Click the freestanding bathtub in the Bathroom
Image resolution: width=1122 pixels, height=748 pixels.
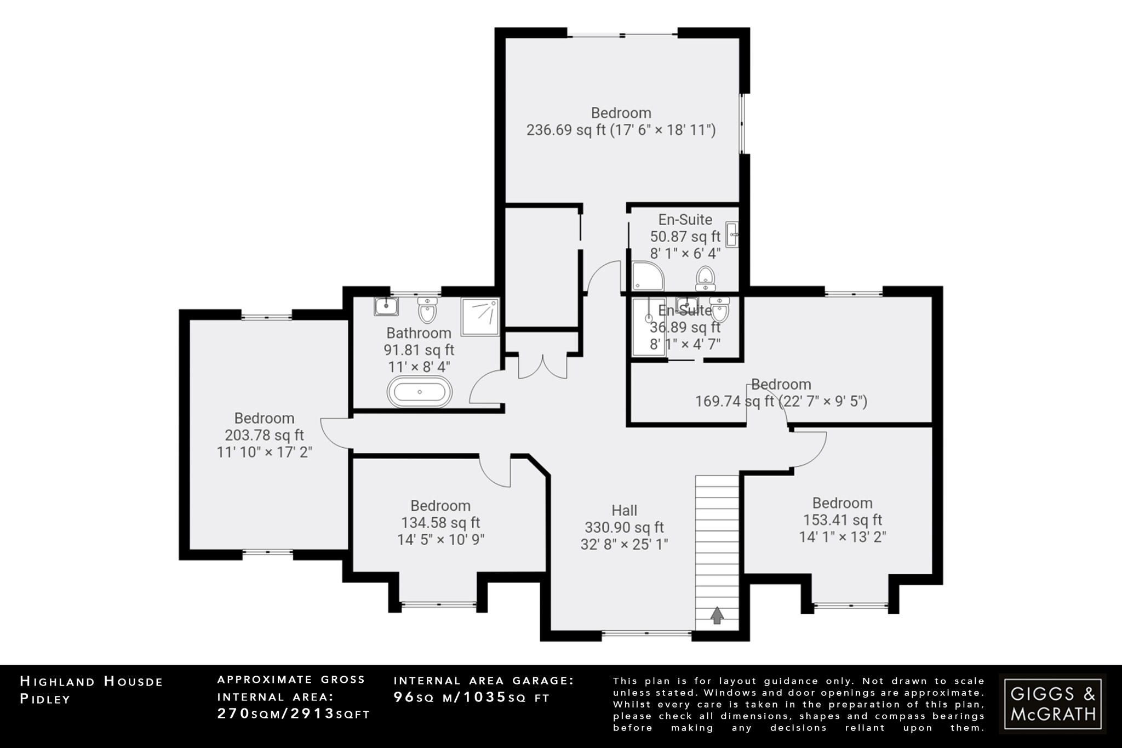[x=420, y=392]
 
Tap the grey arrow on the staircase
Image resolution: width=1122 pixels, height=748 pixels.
[x=717, y=615]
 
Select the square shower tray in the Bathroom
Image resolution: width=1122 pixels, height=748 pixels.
[x=480, y=317]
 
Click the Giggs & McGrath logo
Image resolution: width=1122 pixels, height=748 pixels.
[x=1052, y=704]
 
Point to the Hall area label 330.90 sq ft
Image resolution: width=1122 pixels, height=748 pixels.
[x=624, y=528]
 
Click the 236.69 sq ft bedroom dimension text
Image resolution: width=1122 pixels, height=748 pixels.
[x=621, y=130]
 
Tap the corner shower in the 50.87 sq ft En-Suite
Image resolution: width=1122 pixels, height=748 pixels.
[x=647, y=276]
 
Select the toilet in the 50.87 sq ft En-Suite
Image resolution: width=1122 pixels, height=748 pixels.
[x=705, y=278]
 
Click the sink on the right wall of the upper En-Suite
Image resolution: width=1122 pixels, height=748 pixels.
[x=732, y=235]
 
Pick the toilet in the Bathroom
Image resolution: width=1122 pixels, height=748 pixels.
[x=427, y=310]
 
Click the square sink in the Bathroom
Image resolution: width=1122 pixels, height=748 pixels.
[x=386, y=306]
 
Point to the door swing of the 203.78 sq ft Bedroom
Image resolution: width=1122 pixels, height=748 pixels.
[x=335, y=433]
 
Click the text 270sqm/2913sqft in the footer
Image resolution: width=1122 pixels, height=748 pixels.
[x=294, y=713]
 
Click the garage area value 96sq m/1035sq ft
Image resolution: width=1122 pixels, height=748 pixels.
[x=472, y=697]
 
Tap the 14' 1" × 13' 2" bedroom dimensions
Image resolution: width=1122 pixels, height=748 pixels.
[x=842, y=537]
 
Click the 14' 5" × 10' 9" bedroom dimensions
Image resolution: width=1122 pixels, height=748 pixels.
[x=440, y=540]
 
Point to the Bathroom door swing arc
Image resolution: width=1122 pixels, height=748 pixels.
[x=484, y=386]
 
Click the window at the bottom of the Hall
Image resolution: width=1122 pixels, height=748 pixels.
[x=646, y=634]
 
